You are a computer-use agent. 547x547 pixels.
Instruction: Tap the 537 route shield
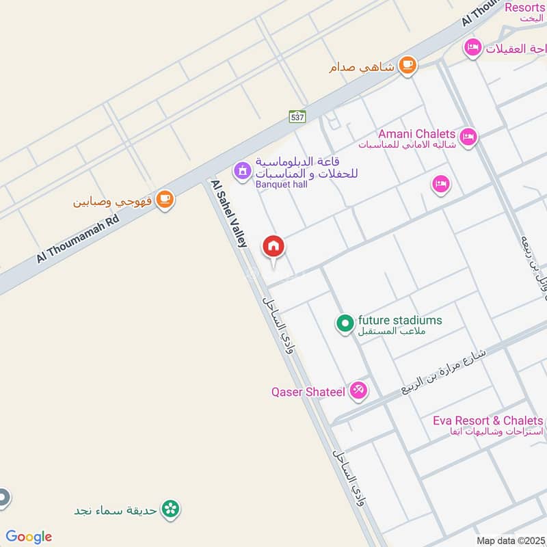coord(297,117)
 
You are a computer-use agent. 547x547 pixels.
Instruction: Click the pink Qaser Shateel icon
coord(357,392)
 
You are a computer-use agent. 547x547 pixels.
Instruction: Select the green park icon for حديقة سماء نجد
coord(171,509)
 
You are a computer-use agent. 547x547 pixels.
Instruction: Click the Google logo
coord(29,537)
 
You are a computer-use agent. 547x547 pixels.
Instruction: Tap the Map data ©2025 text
coord(510,540)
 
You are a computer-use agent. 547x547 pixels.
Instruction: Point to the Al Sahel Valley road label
coord(228,213)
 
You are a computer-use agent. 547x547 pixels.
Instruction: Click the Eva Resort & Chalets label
coord(488,421)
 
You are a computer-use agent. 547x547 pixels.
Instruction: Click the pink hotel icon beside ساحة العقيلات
coord(472,48)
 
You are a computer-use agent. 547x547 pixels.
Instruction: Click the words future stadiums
coord(400,320)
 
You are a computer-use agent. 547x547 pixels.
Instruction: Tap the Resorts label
coord(524,8)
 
